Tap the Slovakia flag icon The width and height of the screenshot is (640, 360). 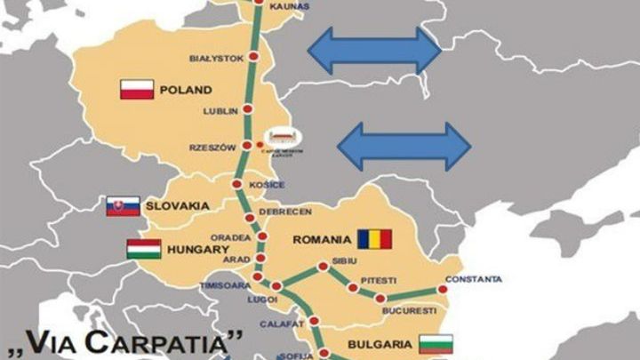(x=123, y=206)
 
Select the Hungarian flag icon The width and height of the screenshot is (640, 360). (x=143, y=249)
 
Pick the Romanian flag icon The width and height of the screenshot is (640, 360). (x=375, y=239)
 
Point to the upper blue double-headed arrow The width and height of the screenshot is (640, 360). (x=374, y=50)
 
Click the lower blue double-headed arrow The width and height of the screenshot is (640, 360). (x=404, y=146)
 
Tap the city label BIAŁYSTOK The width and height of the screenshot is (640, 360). (x=216, y=58)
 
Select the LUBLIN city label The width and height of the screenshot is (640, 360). (x=221, y=110)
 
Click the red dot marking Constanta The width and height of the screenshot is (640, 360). (x=442, y=290)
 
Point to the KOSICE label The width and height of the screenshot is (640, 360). (x=267, y=185)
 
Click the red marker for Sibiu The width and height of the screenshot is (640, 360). (x=323, y=266)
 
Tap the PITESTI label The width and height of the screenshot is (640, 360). (x=378, y=281)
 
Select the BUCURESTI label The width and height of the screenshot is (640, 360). (x=409, y=311)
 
